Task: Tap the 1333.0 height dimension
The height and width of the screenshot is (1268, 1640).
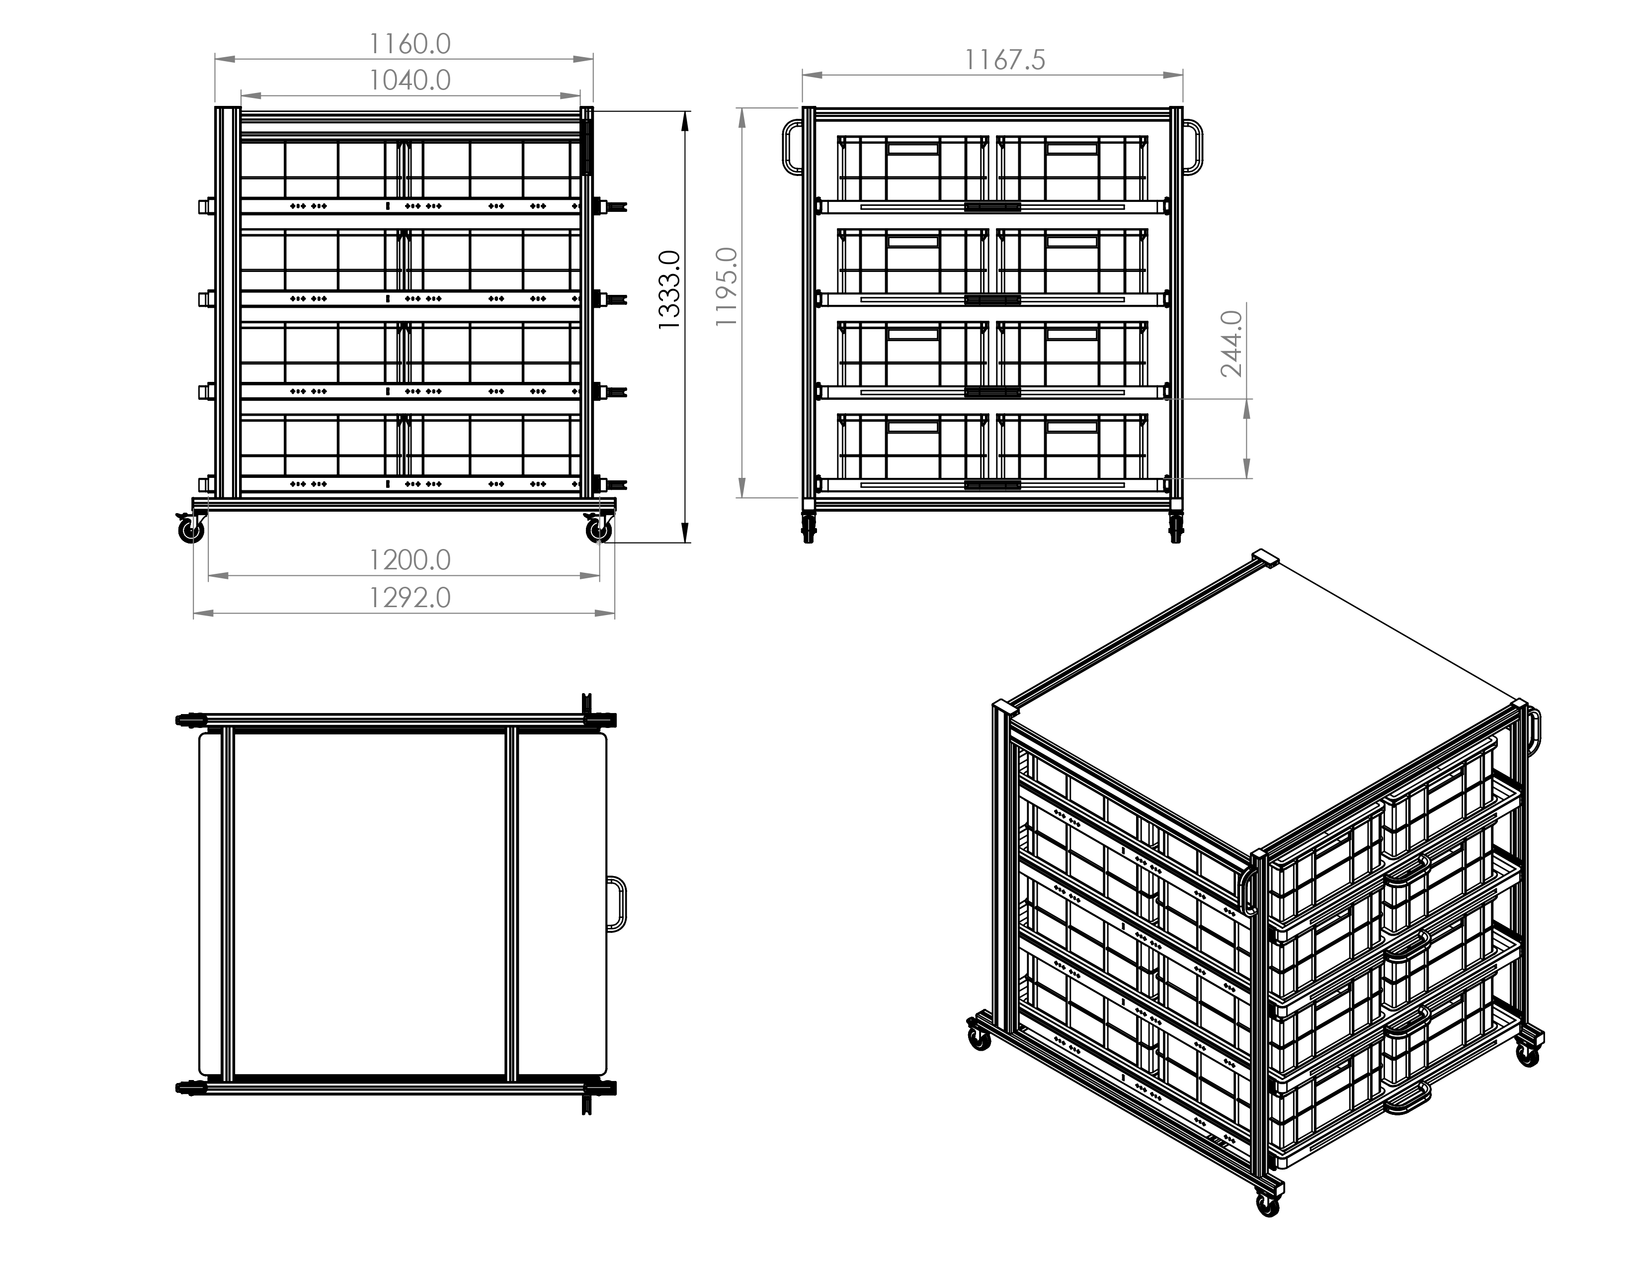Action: click(x=668, y=289)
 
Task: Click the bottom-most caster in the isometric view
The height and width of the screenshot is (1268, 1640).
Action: click(x=1268, y=1225)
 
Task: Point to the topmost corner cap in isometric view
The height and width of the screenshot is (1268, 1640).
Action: click(x=1265, y=556)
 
